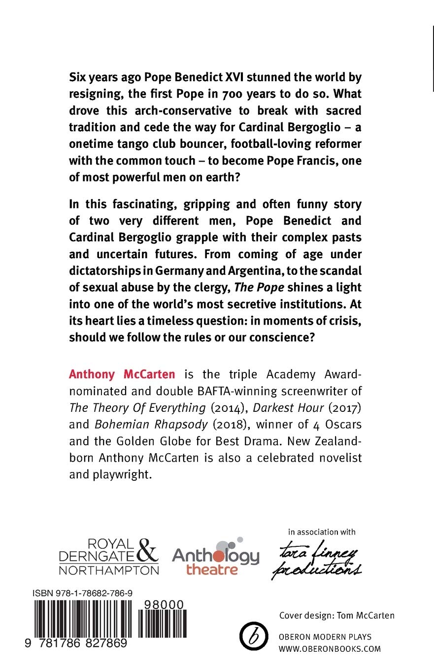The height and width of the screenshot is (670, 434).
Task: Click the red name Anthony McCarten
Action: [122, 374]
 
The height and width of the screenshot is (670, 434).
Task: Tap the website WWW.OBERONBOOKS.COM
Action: [330, 649]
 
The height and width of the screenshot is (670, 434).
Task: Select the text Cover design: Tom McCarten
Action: [336, 615]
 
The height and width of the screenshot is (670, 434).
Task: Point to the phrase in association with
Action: [322, 532]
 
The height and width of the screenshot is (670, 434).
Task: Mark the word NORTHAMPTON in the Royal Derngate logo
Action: [109, 570]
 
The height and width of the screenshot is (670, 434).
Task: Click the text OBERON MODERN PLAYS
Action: [325, 637]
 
